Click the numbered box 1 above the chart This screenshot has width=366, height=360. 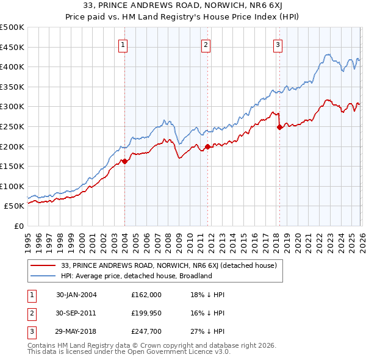tap(123, 44)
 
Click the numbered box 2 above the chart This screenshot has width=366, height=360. tap(206, 44)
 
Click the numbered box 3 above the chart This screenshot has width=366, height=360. tap(278, 44)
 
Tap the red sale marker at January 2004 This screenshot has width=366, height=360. tap(124, 161)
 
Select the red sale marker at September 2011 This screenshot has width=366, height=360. tap(207, 146)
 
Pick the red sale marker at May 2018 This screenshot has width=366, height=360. tap(279, 128)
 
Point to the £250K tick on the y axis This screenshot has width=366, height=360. tap(12, 126)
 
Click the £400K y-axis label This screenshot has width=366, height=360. tap(12, 67)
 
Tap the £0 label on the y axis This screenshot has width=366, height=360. tap(18, 226)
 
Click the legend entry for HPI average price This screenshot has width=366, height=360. tap(135, 276)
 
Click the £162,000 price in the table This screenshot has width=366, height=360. tap(146, 294)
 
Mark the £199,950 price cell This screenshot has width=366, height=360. tap(146, 314)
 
